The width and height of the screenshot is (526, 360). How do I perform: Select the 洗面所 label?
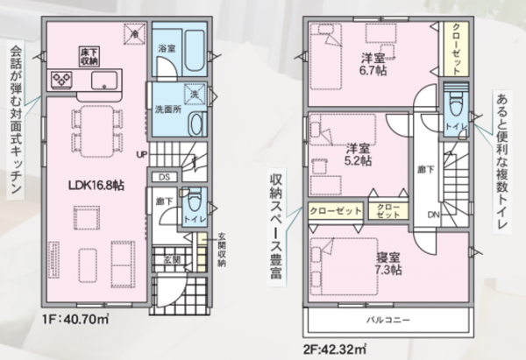[x=168, y=111]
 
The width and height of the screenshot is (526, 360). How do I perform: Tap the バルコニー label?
[x=388, y=320]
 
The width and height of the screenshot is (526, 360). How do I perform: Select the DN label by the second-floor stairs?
[x=433, y=213]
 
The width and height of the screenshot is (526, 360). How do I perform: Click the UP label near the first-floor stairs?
[x=142, y=154]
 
